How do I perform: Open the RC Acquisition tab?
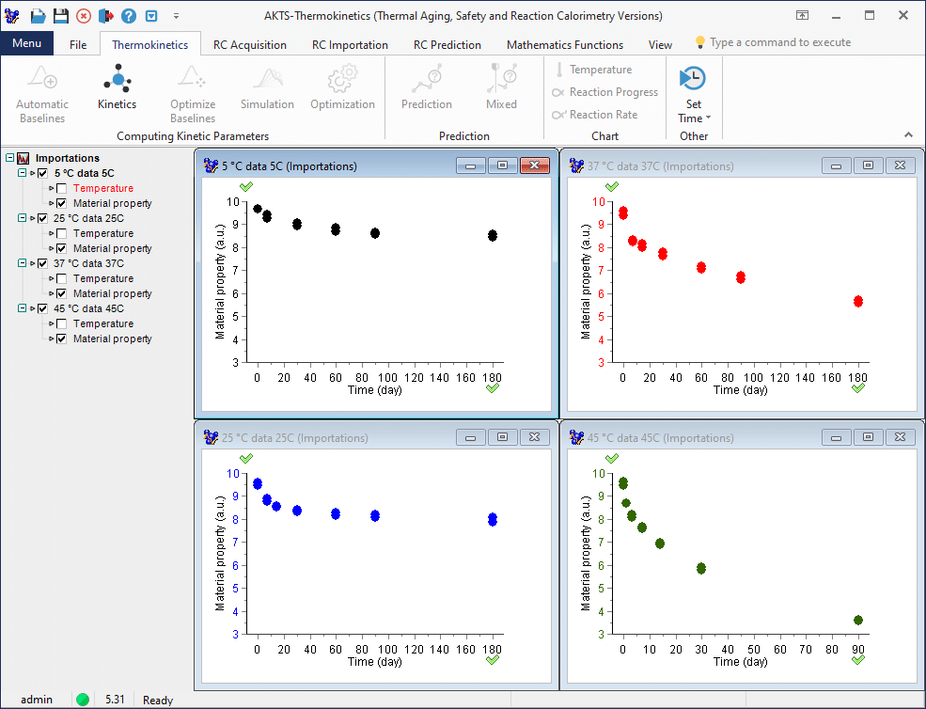pos(249,44)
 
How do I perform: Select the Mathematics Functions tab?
pos(564,44)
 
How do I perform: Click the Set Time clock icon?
pos(693,78)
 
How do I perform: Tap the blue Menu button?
pos(26,43)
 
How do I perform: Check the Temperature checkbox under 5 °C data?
pos(61,188)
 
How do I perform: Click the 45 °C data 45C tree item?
pos(88,308)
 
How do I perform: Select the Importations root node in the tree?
pos(67,158)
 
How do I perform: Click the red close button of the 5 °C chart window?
pos(534,165)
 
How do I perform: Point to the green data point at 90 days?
pos(857,620)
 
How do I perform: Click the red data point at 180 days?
pos(857,301)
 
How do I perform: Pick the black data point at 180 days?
pos(492,235)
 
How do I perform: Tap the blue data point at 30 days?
pos(297,511)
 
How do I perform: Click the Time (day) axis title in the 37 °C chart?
pos(740,389)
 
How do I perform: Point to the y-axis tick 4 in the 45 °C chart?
pos(600,611)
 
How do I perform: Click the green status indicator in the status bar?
pos(83,700)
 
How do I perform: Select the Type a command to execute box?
pos(780,42)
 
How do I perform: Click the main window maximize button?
pos(870,16)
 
